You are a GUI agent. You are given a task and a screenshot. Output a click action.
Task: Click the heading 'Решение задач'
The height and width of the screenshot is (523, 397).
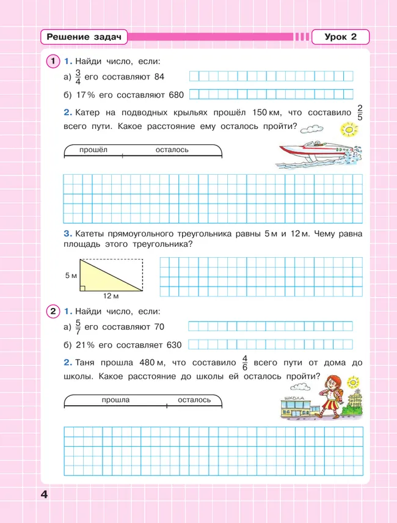coord(84,37)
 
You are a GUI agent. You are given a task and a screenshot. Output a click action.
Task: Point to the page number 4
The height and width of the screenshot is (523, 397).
coord(44,494)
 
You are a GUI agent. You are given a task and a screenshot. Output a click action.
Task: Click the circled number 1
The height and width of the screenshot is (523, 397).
coord(53,61)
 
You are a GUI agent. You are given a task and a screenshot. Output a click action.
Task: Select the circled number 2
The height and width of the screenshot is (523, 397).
coord(53,312)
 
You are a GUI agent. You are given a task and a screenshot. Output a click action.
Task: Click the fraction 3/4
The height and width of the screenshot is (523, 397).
coord(78,77)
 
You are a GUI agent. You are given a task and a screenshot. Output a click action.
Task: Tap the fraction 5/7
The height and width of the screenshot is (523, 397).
coord(78,327)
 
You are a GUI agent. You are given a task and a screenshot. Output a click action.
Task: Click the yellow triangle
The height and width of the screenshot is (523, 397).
coord(110,274)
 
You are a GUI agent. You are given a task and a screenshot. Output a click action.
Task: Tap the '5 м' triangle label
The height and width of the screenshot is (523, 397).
coord(71,276)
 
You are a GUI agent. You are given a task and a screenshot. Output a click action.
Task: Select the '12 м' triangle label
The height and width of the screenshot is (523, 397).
coord(111,296)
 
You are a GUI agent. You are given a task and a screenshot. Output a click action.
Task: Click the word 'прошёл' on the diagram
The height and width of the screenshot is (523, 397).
coord(93,150)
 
